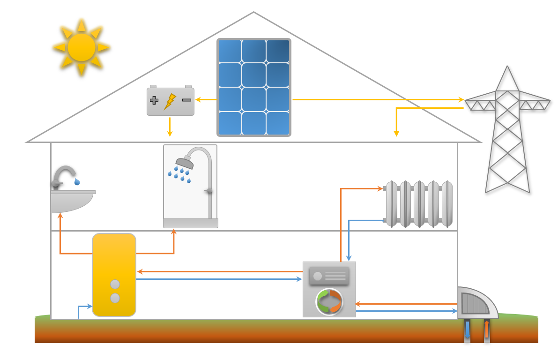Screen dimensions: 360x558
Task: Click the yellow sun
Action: point(82,47)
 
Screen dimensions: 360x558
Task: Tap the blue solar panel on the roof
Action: point(253,88)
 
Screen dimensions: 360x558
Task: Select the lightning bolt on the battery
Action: point(170,101)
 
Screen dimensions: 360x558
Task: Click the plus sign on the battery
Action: point(154,100)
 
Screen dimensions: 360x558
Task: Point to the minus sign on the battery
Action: point(186,100)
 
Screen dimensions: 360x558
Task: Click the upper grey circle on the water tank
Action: point(115,284)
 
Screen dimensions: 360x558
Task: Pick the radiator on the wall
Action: point(418,204)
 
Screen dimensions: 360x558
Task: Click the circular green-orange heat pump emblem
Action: point(329,301)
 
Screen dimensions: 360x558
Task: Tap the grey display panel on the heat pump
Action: point(329,276)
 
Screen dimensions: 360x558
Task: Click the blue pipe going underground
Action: point(467,330)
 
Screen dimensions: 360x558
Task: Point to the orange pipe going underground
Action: point(487,330)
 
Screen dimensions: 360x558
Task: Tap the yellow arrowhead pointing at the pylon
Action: point(461,99)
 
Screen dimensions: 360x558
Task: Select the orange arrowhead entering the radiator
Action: point(380,188)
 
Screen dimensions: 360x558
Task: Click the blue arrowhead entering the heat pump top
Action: point(349,258)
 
